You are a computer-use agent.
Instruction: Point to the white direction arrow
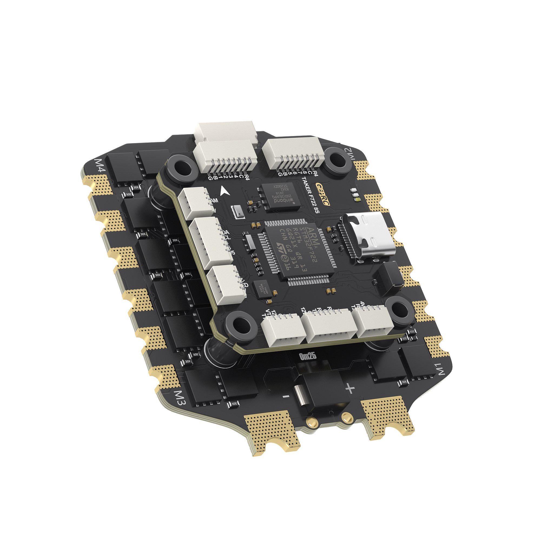(224, 191)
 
